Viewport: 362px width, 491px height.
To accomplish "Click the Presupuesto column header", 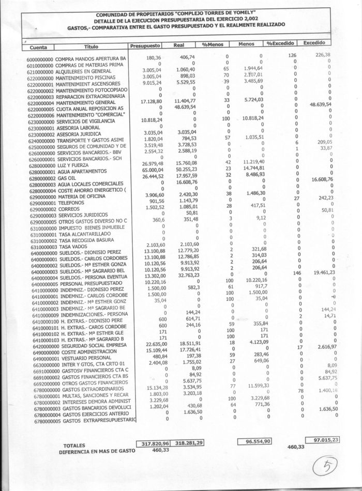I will pyautogui.click(x=146, y=45).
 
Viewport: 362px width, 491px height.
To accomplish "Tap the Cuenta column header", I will pyautogui.click(x=35, y=48).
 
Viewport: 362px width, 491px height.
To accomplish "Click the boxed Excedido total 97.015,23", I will pyautogui.click(x=323, y=439).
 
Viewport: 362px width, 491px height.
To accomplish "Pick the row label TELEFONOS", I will pyautogui.click(x=71, y=203).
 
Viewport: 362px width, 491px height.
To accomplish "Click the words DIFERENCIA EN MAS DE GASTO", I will pyautogui.click(x=97, y=451).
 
